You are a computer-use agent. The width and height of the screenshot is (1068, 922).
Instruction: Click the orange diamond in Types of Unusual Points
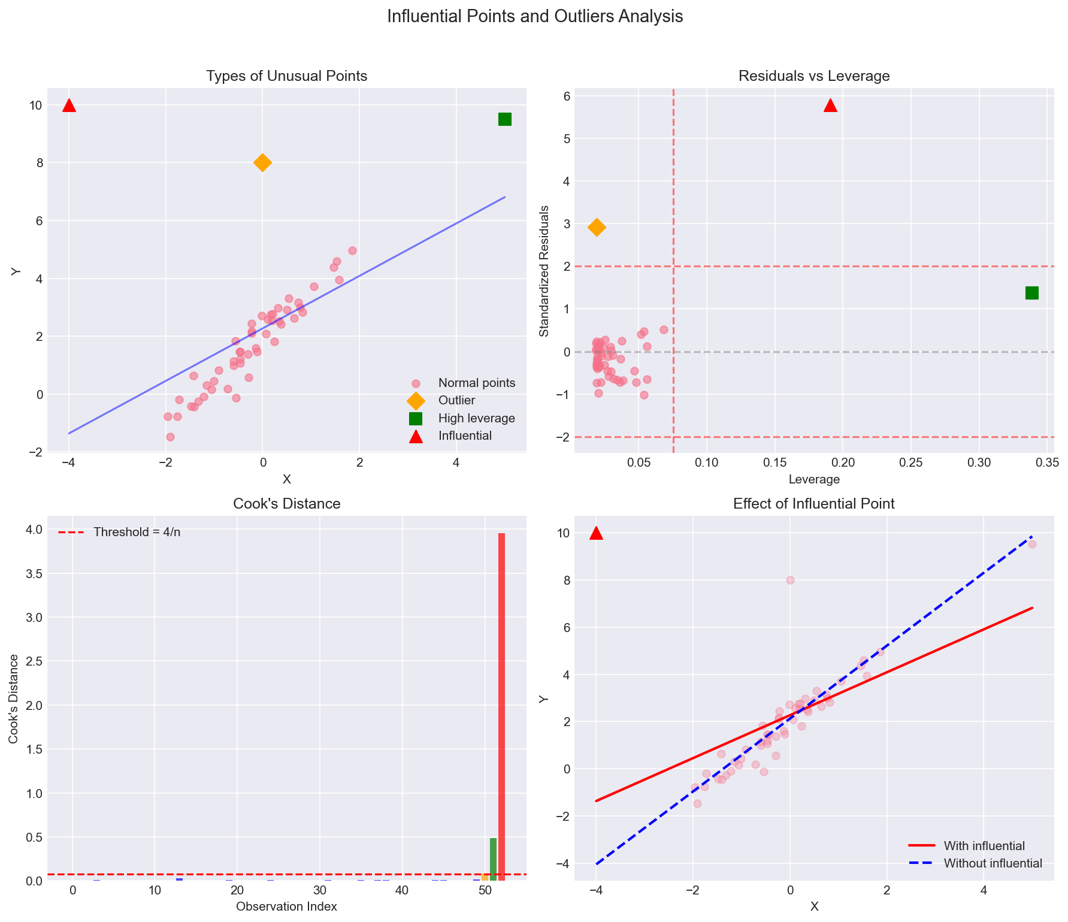262,162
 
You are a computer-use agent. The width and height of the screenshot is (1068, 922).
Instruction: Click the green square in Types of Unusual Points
504,119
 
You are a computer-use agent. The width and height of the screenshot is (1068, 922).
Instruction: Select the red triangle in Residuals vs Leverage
830,106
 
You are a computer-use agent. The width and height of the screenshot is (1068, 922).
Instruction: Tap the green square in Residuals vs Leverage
1031,293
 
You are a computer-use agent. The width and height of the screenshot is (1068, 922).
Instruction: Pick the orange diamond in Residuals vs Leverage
597,227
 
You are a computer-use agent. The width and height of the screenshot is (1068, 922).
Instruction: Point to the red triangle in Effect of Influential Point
596,533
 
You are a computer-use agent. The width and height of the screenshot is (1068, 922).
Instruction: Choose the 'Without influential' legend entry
993,863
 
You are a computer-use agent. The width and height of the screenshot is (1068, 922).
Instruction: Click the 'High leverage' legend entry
476,418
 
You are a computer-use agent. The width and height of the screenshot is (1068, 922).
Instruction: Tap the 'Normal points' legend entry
476,383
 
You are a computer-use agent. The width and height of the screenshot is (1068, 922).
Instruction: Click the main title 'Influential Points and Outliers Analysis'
535,17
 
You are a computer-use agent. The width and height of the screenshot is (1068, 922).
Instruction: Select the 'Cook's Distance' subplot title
286,504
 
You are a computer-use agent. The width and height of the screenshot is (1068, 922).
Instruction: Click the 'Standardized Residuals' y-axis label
544,271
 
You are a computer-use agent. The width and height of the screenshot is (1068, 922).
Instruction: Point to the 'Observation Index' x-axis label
286,906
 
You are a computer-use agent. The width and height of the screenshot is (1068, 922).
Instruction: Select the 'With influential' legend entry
984,846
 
